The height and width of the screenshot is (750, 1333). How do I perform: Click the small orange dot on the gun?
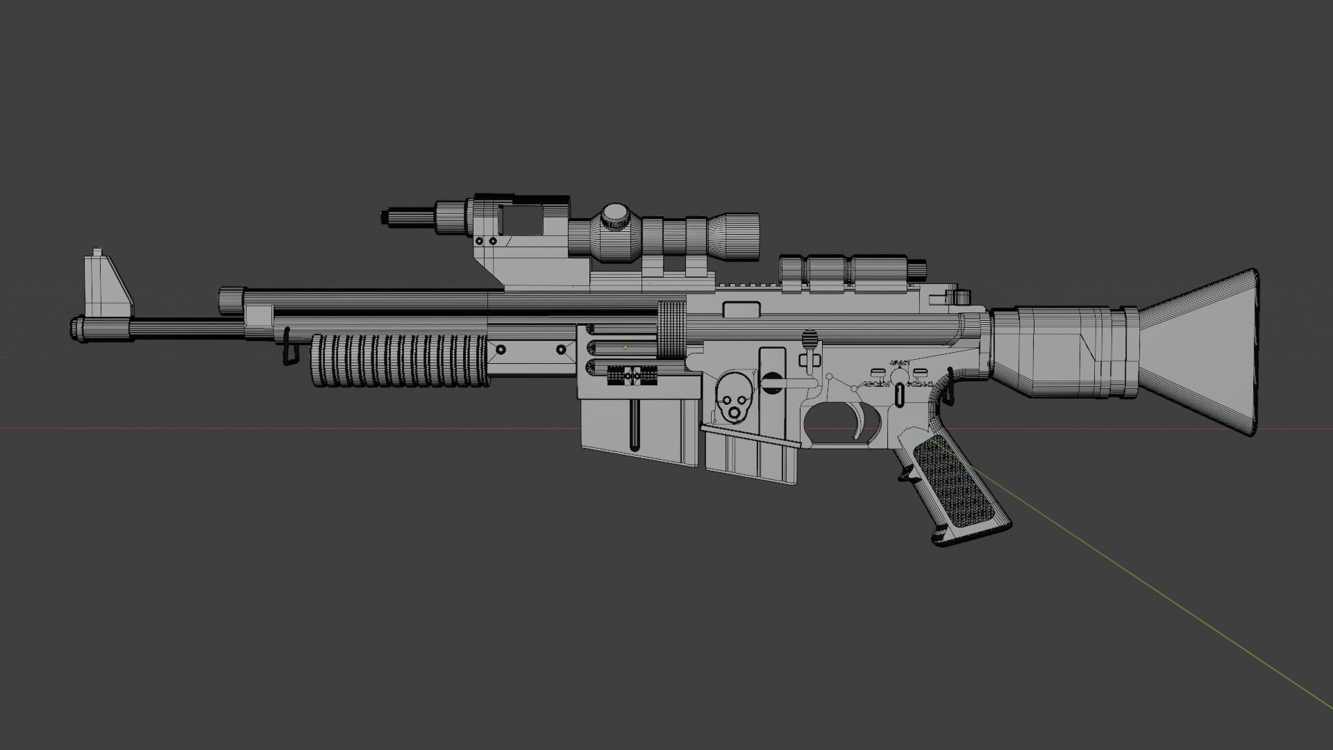(x=626, y=346)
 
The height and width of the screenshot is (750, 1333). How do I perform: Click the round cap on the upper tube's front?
(x=229, y=301)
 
